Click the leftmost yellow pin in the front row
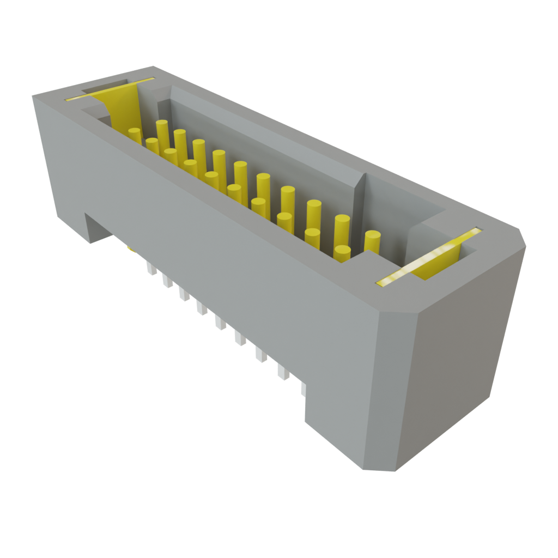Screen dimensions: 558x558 click(x=135, y=136)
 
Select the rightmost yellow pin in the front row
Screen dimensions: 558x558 click(x=342, y=253)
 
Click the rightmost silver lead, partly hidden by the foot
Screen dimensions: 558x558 click(x=303, y=389)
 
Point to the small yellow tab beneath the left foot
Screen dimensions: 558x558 click(x=130, y=250)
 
